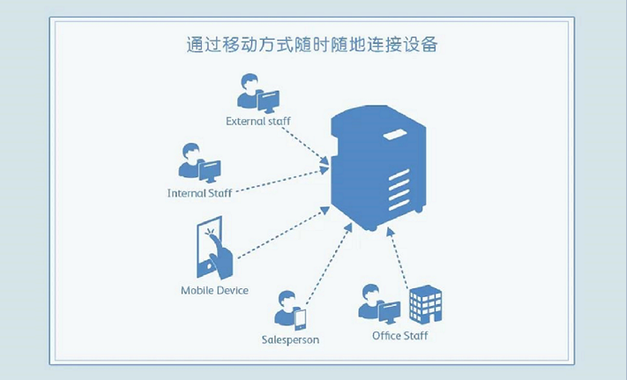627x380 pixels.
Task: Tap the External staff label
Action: [x=258, y=121]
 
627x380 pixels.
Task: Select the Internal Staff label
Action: [x=199, y=192]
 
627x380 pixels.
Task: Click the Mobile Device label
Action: [x=214, y=290]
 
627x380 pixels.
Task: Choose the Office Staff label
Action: [x=400, y=336]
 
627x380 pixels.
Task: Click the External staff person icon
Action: [x=249, y=91]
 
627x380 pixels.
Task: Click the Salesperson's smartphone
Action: [x=300, y=317]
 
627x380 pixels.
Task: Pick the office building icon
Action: [x=425, y=304]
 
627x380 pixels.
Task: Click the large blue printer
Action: [x=377, y=171]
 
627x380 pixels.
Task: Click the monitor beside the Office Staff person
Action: [x=389, y=310]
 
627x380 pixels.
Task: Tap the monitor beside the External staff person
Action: [x=268, y=100]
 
